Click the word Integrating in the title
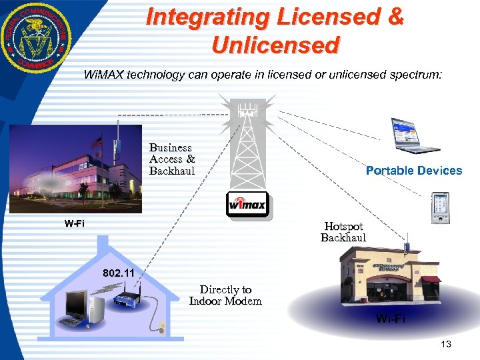(x=212, y=17)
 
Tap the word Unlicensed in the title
(x=275, y=45)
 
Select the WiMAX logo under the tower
(x=248, y=204)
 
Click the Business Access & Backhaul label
(x=172, y=159)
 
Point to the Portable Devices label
(x=413, y=171)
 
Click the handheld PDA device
(x=439, y=207)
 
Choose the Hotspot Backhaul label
(x=343, y=232)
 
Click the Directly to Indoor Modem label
(x=225, y=295)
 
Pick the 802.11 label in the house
(x=118, y=273)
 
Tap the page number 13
(x=446, y=344)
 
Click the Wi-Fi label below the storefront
(x=390, y=319)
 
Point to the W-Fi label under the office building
(x=74, y=223)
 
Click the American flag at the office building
(x=99, y=142)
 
